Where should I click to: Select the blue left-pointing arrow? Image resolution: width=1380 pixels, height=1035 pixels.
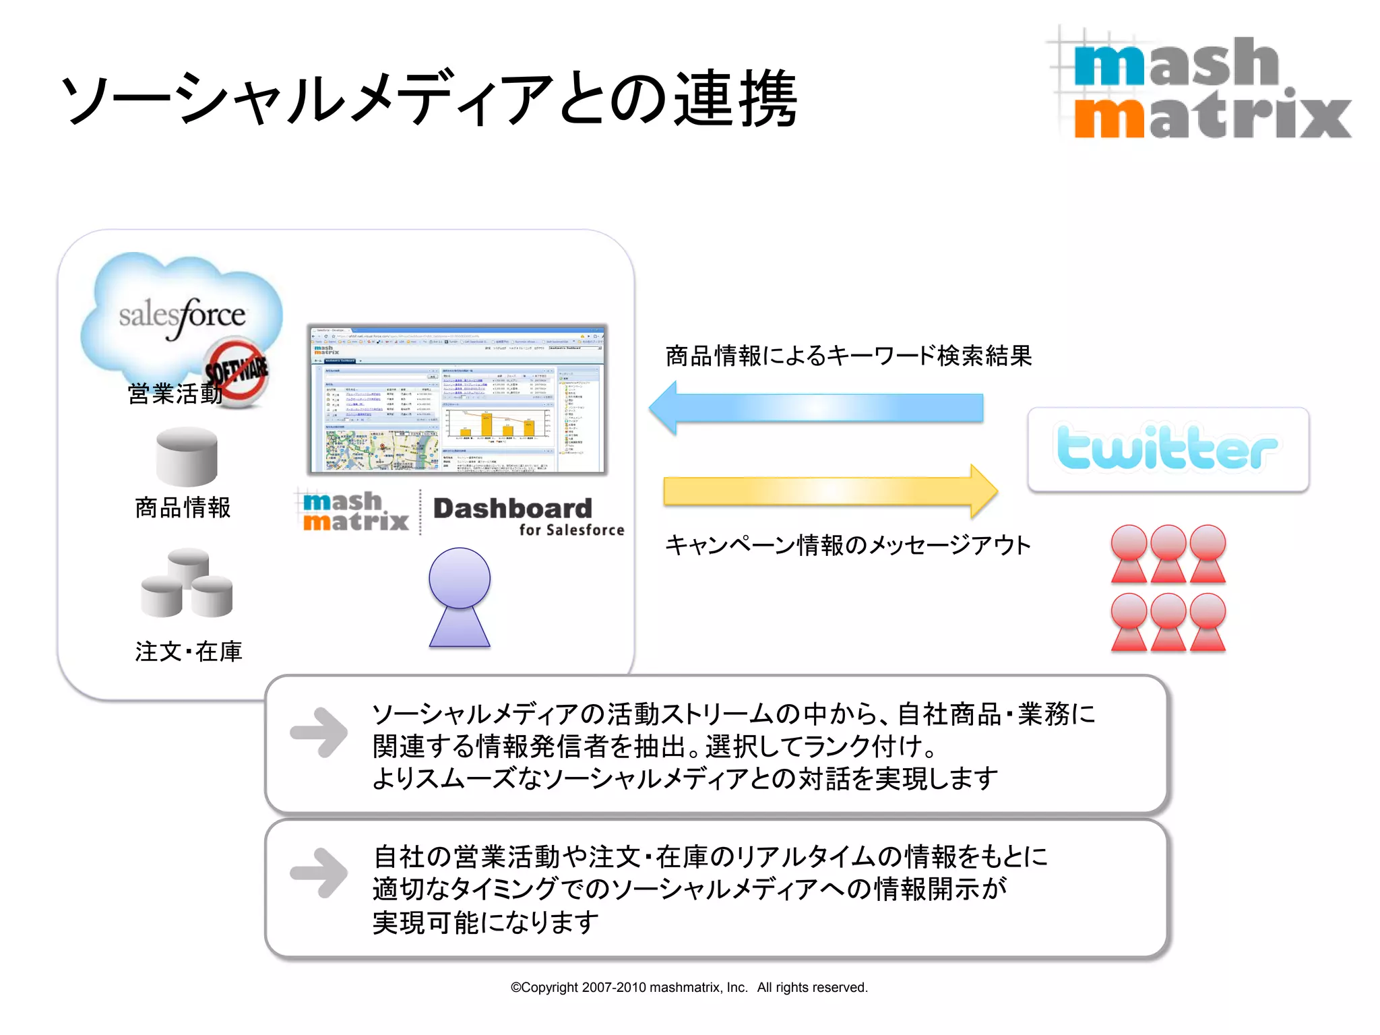coord(815,408)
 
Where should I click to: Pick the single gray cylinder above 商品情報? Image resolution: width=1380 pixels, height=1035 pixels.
coord(187,456)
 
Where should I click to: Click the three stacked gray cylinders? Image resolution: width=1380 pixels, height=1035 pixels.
coord(187,583)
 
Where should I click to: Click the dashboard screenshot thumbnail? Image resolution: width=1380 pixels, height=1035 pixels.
coord(458,400)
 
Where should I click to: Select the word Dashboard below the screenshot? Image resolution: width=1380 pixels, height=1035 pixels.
coord(513,508)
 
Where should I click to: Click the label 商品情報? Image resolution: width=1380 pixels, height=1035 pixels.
coord(183,507)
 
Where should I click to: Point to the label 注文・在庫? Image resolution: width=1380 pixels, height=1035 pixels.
coord(188,652)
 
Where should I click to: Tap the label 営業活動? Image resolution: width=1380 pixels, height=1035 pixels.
coord(174,394)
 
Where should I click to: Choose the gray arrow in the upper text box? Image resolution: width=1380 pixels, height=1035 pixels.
coord(319,732)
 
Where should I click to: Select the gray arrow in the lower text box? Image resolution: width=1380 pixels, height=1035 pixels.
coord(319,873)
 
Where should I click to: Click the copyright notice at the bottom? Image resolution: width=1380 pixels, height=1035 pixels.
coord(689,987)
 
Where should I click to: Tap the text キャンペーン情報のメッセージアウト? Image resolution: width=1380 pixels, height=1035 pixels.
coord(848,545)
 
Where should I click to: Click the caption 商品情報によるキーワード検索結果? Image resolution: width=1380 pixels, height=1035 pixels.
coord(848,356)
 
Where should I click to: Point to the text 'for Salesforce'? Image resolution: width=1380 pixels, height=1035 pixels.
coord(571,530)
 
